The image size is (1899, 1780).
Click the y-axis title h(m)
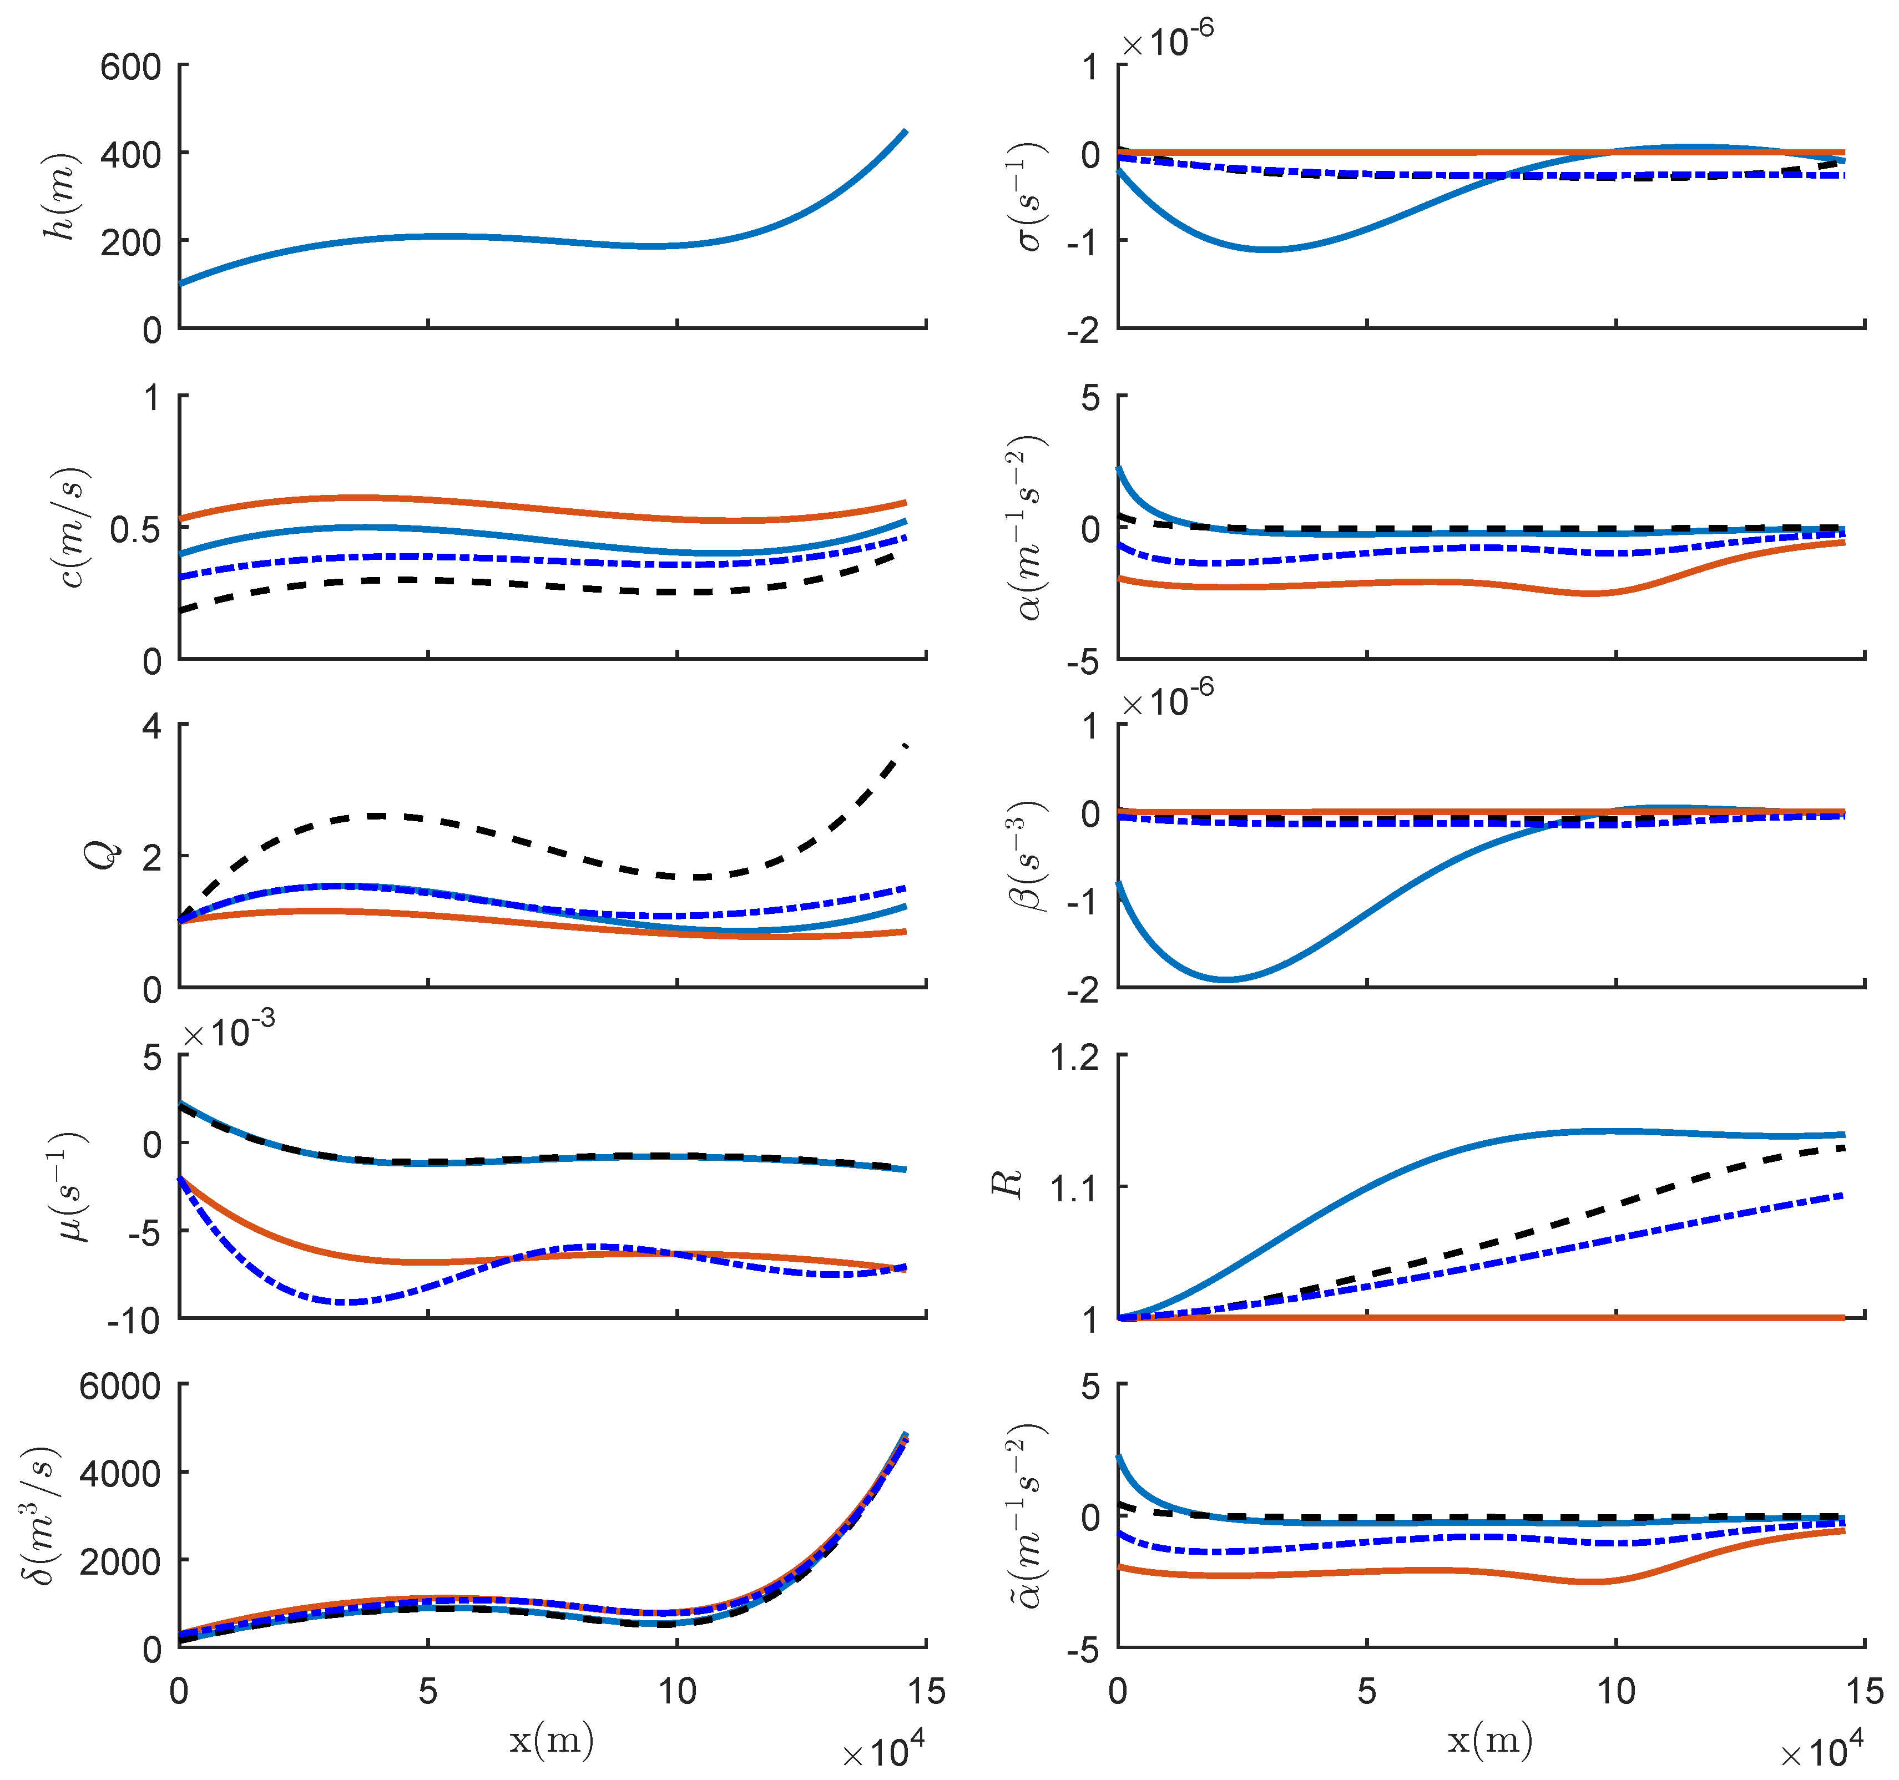[61, 197]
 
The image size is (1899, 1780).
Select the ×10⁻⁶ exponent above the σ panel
[1167, 41]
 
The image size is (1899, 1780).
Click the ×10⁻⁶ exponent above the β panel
[1167, 702]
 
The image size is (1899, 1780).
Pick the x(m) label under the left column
[551, 1740]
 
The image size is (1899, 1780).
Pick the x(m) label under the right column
[1490, 1740]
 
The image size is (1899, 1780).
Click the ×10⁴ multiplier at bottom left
[883, 1751]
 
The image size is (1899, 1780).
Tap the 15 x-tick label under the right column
[1863, 1691]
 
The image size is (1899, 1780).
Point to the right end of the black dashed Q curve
[906, 744]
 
